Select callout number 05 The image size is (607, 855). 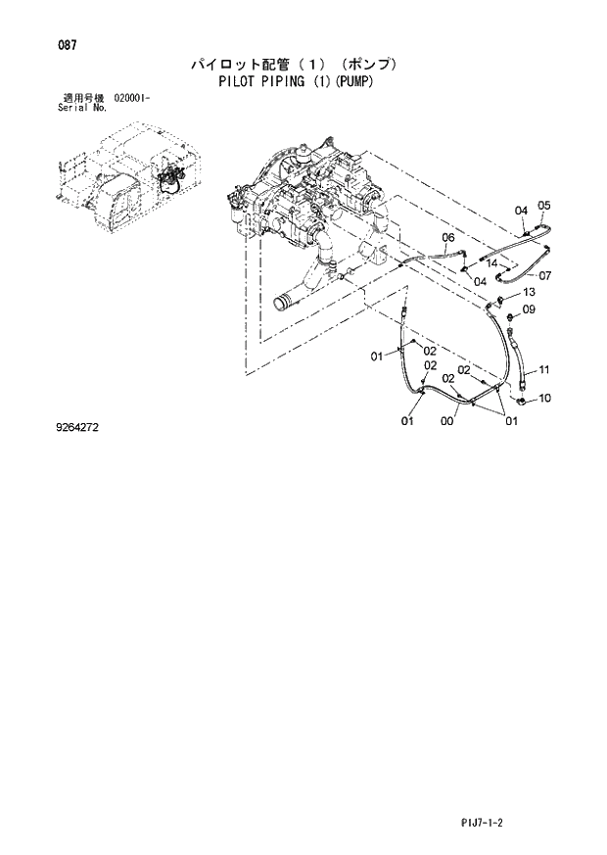544,206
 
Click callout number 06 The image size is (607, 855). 447,238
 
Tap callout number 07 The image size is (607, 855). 545,275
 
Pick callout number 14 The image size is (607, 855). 494,263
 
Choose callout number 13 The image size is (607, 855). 528,293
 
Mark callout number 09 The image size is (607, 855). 529,310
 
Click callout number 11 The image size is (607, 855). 543,369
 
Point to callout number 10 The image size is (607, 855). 545,399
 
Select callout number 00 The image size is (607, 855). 446,422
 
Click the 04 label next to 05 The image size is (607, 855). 521,211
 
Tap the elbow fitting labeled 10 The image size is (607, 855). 522,398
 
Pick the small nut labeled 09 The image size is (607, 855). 510,315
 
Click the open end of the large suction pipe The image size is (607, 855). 284,302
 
